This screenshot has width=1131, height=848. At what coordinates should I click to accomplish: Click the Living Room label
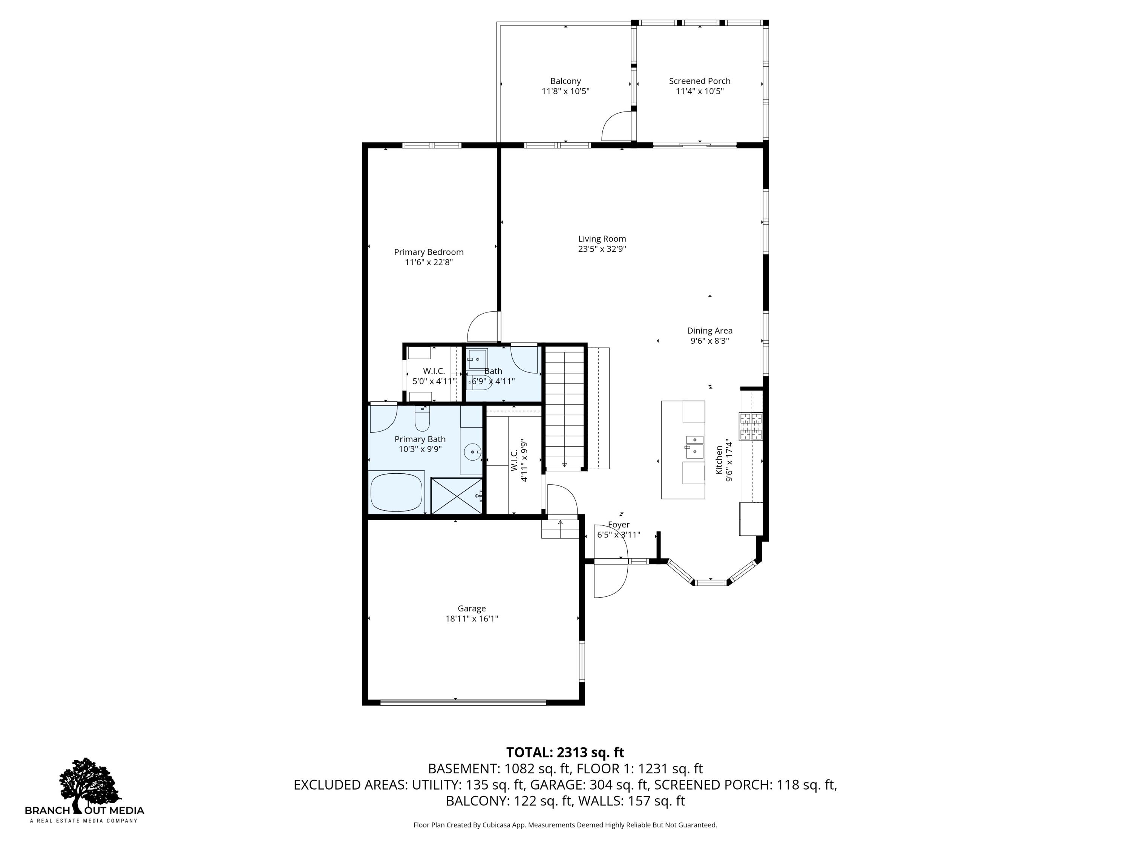point(602,239)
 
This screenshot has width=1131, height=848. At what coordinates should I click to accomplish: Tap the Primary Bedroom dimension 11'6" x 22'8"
point(429,262)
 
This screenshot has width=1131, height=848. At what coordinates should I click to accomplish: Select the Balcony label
point(565,81)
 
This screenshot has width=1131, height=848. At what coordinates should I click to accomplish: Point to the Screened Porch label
point(699,81)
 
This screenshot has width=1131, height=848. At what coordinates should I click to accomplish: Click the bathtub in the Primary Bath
point(397,492)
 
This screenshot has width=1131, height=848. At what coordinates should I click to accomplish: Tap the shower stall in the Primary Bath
point(457,495)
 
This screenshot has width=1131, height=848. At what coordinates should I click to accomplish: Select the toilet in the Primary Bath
point(422,418)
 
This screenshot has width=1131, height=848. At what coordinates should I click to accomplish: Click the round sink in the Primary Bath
point(472,452)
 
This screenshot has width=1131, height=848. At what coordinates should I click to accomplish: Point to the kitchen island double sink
point(694,447)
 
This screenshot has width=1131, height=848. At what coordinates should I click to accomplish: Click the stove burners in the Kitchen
point(751,426)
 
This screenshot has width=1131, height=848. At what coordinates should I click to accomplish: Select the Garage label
point(471,608)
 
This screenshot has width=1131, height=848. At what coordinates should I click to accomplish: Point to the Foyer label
point(619,525)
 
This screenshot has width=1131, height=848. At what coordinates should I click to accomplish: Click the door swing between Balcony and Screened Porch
point(617,126)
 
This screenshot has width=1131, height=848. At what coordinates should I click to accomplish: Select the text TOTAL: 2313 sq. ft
point(565,752)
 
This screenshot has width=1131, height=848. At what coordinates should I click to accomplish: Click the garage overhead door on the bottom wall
point(463,702)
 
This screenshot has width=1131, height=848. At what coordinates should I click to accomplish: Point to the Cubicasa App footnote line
point(565,825)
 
